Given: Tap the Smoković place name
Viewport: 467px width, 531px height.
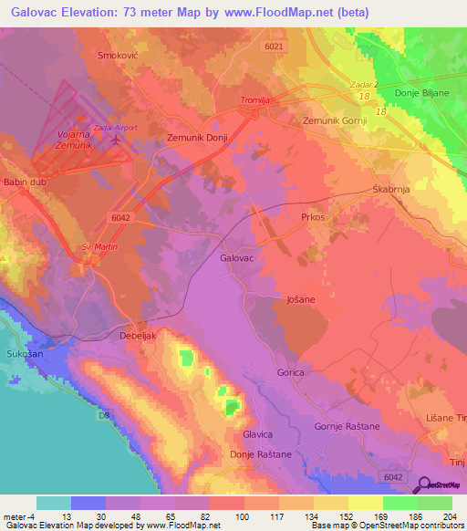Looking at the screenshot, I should [117, 55].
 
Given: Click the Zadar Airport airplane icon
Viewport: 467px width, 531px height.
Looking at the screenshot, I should [114, 141].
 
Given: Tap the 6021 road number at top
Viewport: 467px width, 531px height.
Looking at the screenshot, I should [275, 47].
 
